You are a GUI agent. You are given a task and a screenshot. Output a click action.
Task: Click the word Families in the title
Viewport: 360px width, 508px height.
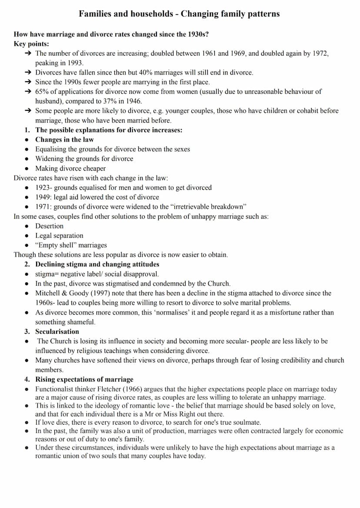pos(96,14)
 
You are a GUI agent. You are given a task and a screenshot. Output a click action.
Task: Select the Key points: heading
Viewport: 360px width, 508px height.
pos(31,43)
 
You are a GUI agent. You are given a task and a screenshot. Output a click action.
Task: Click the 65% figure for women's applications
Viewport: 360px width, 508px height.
pos(42,92)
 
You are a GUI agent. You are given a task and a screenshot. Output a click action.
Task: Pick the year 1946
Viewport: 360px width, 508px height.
pos(133,101)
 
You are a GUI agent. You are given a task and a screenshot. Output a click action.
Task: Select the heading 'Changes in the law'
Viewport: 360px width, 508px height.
pos(64,139)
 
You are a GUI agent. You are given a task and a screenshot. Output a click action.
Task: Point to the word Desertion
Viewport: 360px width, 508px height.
pos(49,226)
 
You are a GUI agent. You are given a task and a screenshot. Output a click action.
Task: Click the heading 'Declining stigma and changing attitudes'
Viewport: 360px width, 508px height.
pos(97,264)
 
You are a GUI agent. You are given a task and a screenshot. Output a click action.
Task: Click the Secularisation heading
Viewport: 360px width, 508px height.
pos(57,332)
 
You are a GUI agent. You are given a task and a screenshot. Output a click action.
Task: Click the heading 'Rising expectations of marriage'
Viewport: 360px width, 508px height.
pos(84,379)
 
